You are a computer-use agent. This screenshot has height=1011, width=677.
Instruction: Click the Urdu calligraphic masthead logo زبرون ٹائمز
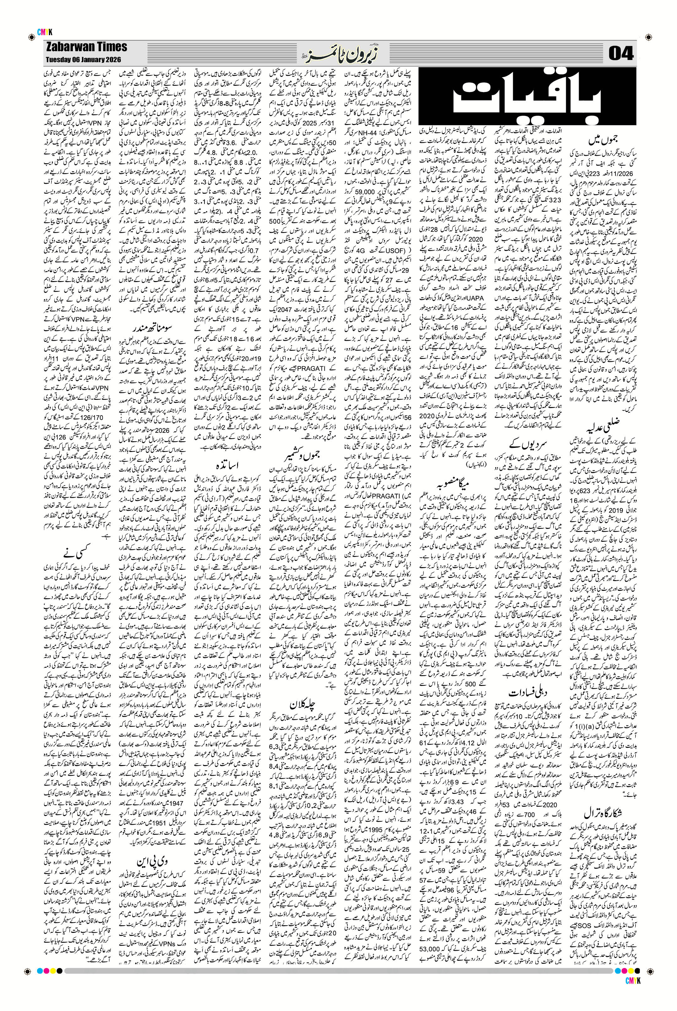click(338, 53)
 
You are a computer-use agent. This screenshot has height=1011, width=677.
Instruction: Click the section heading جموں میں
click(604, 130)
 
